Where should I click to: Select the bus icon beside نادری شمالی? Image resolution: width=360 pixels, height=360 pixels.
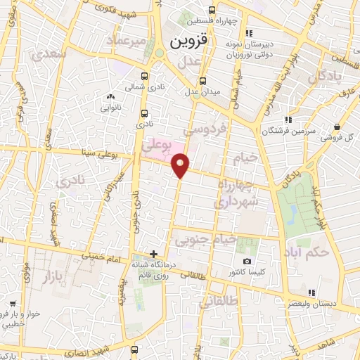click(x=144, y=77)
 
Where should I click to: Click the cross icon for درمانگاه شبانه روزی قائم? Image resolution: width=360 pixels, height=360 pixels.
click(x=153, y=253)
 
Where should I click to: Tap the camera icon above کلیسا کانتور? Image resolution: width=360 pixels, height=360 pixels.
click(x=246, y=262)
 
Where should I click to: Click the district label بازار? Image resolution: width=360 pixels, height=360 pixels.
click(x=49, y=270)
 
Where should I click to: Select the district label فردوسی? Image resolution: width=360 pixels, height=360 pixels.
click(x=205, y=130)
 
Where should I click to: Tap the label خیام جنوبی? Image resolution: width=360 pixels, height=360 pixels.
click(x=205, y=240)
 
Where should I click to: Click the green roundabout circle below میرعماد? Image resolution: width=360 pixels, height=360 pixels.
click(x=159, y=53)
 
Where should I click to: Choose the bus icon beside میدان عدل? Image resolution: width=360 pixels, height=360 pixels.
click(x=203, y=80)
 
